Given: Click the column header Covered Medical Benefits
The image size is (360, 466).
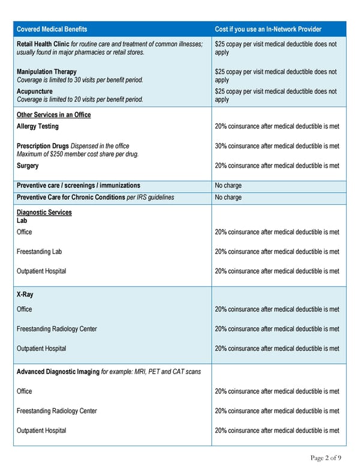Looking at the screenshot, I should [x=52, y=29].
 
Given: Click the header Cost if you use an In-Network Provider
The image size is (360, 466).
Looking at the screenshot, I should [x=268, y=29].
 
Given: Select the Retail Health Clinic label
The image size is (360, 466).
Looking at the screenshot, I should [x=43, y=44].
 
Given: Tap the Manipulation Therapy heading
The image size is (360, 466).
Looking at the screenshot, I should [x=46, y=72].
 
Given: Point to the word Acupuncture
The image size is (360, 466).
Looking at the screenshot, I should [x=34, y=91].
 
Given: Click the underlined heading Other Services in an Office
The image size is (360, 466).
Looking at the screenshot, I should [x=53, y=115].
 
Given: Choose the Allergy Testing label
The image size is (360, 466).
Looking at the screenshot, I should [x=37, y=127].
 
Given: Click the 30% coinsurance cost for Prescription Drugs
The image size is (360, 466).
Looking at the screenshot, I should [x=277, y=146].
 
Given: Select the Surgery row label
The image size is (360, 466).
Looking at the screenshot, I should [x=28, y=166].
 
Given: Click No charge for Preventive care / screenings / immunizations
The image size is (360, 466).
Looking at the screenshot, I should [x=228, y=186].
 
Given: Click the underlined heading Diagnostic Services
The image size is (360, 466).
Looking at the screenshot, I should [x=44, y=212].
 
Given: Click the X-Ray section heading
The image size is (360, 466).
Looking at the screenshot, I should [x=25, y=294].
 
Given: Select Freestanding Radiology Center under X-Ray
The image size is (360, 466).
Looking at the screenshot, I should [x=56, y=328].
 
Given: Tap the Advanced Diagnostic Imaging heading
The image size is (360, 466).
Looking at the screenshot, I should [x=58, y=372].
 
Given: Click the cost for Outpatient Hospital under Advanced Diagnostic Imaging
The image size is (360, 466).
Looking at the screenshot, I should [x=277, y=430].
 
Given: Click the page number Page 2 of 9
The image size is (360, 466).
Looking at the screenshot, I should [x=326, y=458].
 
